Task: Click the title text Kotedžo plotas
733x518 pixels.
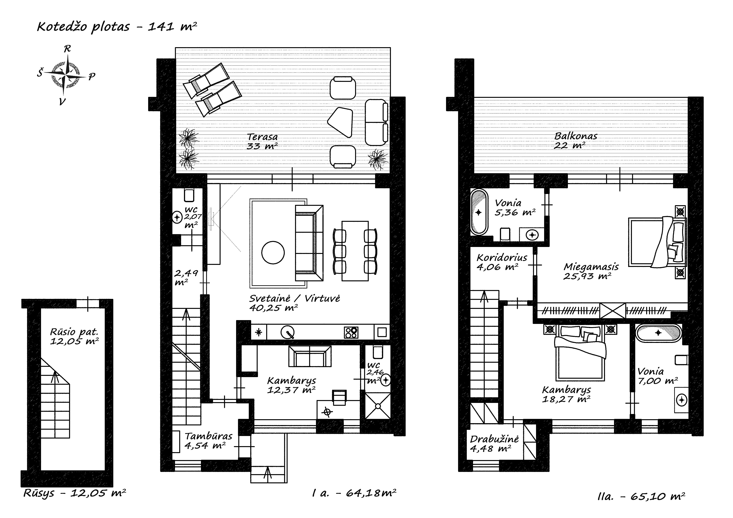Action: [x=84, y=27]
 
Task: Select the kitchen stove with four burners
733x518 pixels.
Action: [x=351, y=333]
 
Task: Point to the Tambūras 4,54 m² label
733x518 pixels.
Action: [x=208, y=440]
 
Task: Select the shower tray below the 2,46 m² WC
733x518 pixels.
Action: [x=378, y=406]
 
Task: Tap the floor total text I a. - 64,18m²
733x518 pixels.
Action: [x=354, y=493]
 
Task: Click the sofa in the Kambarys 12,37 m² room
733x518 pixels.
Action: [x=310, y=356]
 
